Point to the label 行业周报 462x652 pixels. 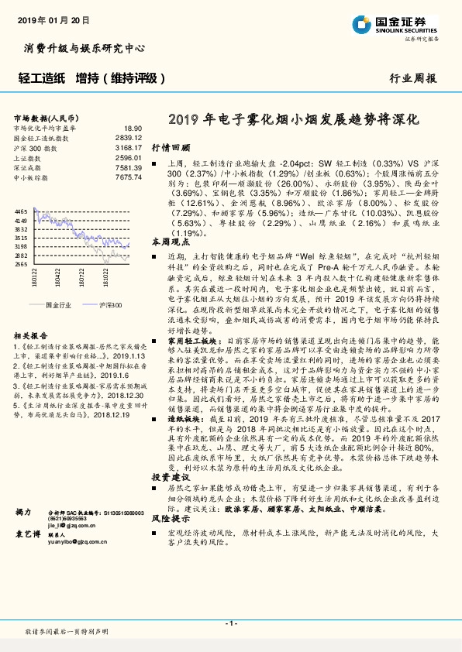[x=412, y=78]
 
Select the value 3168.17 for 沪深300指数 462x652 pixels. [x=129, y=147]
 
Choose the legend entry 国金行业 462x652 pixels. [x=57, y=306]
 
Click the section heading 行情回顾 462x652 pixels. [x=171, y=146]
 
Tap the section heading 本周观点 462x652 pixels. [x=171, y=242]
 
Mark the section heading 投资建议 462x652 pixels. [x=171, y=479]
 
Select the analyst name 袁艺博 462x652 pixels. [x=29, y=557]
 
